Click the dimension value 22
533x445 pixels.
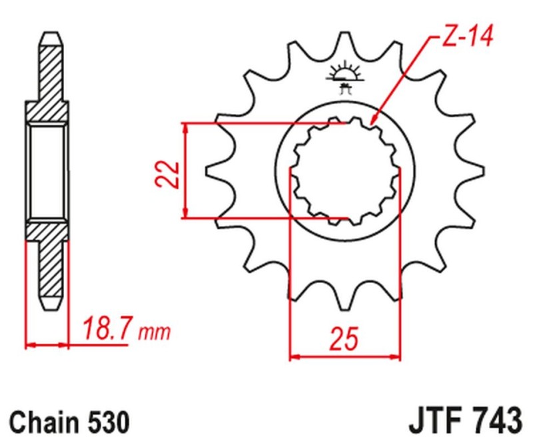(171, 175)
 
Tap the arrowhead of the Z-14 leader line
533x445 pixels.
(372, 122)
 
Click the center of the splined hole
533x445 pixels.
(344, 171)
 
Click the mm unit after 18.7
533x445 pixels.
(155, 331)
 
